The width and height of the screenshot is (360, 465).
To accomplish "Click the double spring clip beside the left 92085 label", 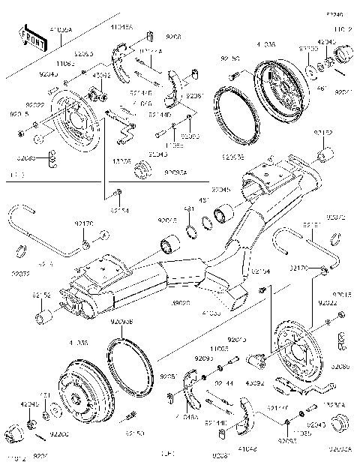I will coord(53,157).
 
